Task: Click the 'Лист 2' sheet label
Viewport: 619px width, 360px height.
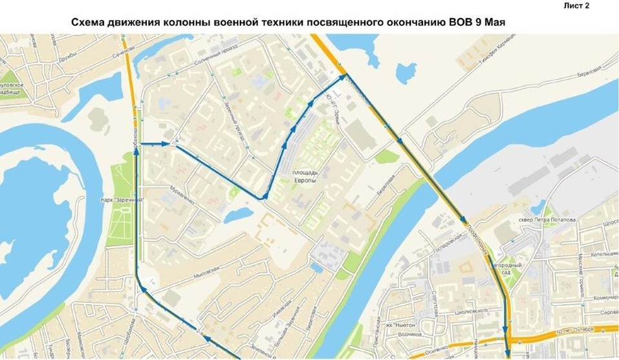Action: (x=577, y=6)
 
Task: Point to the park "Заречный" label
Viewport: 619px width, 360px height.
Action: (x=121, y=200)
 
